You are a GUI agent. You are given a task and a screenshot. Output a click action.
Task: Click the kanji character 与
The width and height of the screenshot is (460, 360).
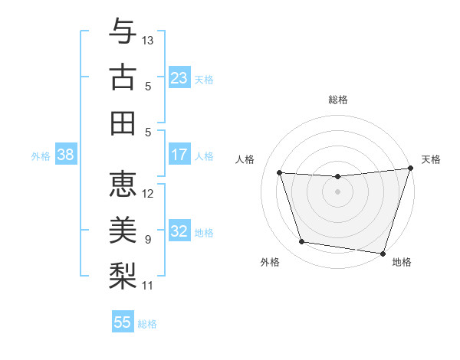123,33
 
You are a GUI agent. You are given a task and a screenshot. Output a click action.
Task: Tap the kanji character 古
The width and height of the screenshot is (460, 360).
123,78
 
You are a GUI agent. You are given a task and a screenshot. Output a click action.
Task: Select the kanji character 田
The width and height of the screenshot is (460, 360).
123,123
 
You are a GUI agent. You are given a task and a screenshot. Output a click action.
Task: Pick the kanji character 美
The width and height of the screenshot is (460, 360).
123,229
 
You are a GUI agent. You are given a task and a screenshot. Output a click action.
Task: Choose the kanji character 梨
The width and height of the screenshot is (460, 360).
123,274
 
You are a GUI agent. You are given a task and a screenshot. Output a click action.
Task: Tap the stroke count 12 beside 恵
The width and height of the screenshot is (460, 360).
149,194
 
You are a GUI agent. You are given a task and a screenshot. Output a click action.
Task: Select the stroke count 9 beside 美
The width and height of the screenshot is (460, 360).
148,240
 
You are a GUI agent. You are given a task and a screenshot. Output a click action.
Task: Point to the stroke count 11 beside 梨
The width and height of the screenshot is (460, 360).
149,286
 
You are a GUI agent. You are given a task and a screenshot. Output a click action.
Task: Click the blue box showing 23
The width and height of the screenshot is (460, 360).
179,77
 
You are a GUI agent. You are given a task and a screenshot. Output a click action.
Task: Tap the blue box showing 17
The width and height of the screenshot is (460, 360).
179,155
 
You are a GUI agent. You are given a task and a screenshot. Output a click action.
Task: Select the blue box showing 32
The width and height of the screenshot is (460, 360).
179,231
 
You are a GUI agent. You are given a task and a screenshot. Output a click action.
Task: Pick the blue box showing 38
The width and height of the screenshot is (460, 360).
66,155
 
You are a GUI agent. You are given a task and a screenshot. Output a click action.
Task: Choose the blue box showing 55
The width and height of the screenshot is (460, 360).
123,322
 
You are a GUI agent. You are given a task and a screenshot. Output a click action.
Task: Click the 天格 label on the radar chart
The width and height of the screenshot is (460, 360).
431,159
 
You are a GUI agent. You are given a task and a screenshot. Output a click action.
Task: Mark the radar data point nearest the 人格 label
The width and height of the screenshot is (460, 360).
280,173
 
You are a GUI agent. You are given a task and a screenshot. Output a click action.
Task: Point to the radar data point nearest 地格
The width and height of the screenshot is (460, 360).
383,253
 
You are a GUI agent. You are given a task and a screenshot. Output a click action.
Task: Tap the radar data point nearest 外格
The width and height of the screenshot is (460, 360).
302,242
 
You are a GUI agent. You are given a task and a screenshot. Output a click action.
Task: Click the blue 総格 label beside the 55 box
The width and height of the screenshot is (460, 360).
147,324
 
